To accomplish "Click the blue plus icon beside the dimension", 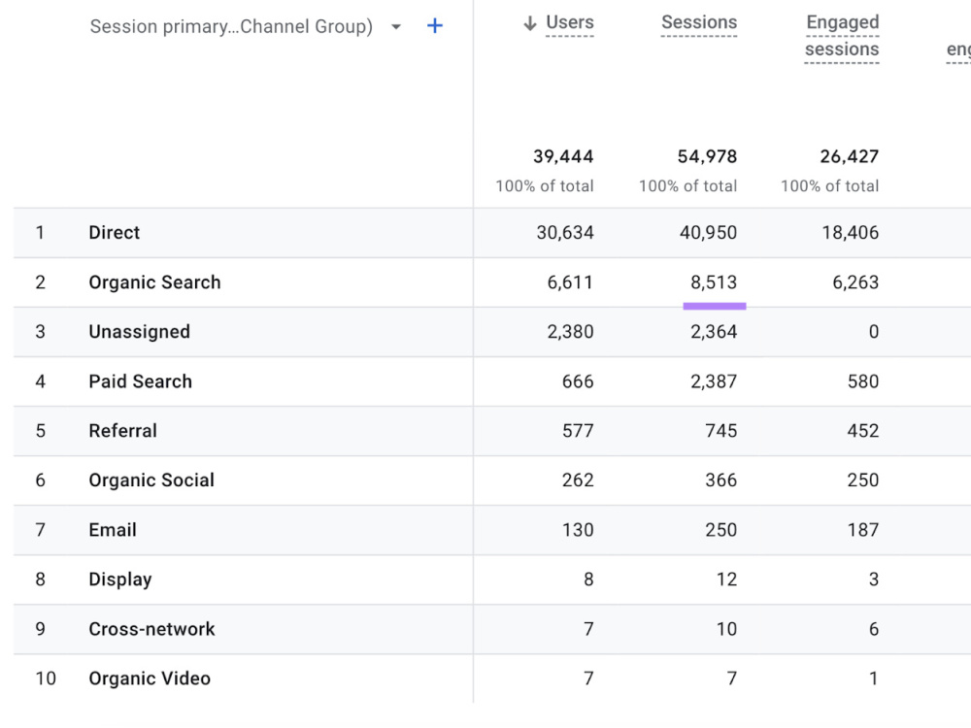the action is [x=435, y=26].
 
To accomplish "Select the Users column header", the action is [x=570, y=22].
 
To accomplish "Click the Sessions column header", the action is [x=699, y=22].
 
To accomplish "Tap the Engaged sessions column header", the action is [x=842, y=36].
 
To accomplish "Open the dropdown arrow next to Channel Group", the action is [x=396, y=26].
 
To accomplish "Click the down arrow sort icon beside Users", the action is [x=529, y=23].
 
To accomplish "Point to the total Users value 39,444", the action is [x=563, y=156].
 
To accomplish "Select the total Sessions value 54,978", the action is [x=707, y=156].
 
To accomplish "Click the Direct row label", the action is [x=115, y=233].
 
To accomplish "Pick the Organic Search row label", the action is [x=154, y=282].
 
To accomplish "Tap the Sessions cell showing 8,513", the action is [x=714, y=282].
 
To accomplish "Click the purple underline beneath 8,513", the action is [x=715, y=306].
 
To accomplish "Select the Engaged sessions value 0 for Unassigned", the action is [x=874, y=332].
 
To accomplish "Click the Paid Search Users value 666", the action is [x=578, y=381].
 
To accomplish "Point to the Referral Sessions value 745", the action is [x=721, y=431].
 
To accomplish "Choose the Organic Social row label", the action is [x=151, y=480].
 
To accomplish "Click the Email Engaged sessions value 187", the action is [x=863, y=530].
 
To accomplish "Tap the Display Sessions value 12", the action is [x=727, y=579].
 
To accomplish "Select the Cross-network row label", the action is [x=151, y=629].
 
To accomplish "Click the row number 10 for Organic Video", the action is [x=46, y=678].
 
